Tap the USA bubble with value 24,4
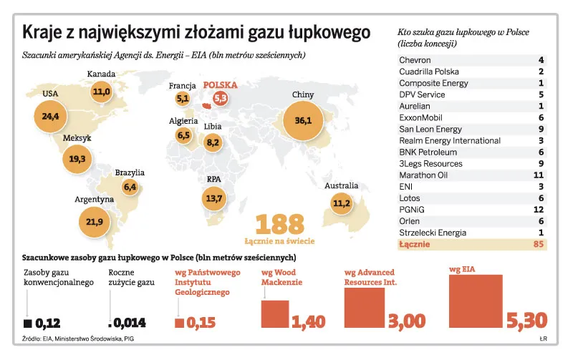(50, 115)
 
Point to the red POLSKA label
(220, 84)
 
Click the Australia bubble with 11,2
(341, 203)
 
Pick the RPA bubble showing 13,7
(214, 198)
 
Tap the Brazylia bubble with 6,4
(130, 187)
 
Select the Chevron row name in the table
(415, 60)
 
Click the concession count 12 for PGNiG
(539, 210)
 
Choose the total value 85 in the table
(539, 245)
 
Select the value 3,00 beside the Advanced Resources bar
(405, 321)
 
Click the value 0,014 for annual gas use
(134, 322)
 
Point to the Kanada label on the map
(102, 74)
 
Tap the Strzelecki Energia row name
(433, 233)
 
